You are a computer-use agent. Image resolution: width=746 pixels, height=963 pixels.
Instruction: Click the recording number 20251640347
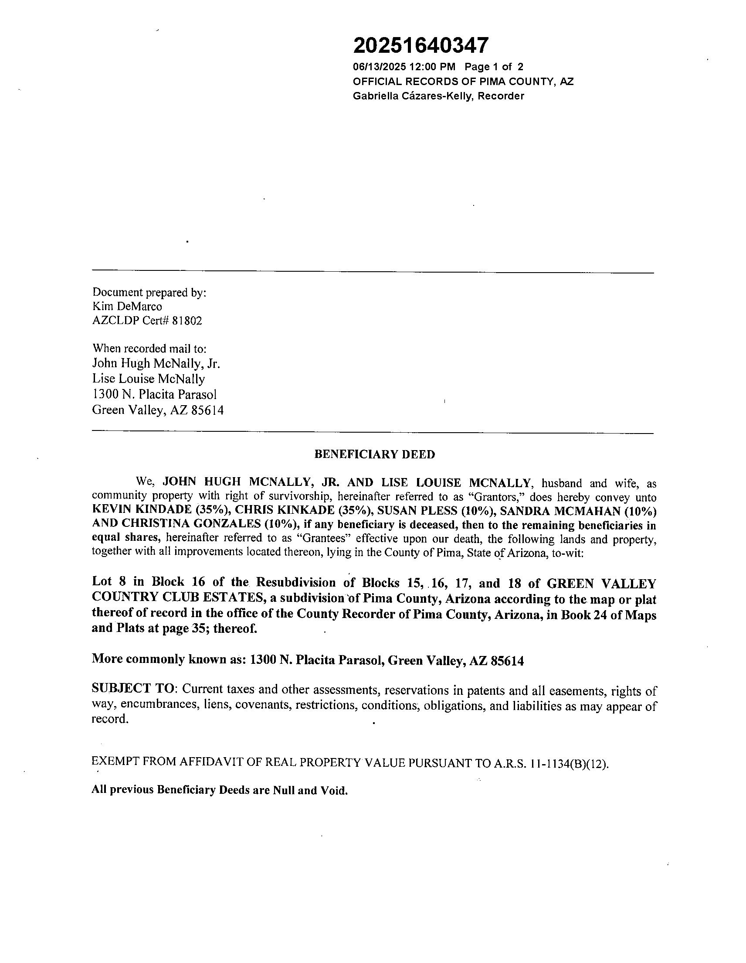point(421,45)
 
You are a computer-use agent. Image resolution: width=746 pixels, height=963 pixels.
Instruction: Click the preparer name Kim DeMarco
point(127,307)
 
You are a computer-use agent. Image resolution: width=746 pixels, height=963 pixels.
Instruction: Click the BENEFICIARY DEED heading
point(375,454)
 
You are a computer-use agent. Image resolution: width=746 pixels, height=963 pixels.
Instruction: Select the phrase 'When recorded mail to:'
point(149,348)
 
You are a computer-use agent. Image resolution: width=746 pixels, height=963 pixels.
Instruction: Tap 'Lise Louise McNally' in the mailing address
point(149,379)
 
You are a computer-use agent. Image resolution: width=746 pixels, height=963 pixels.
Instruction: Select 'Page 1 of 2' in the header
point(494,67)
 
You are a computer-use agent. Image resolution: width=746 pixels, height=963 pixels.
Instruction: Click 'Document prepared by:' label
point(149,292)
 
